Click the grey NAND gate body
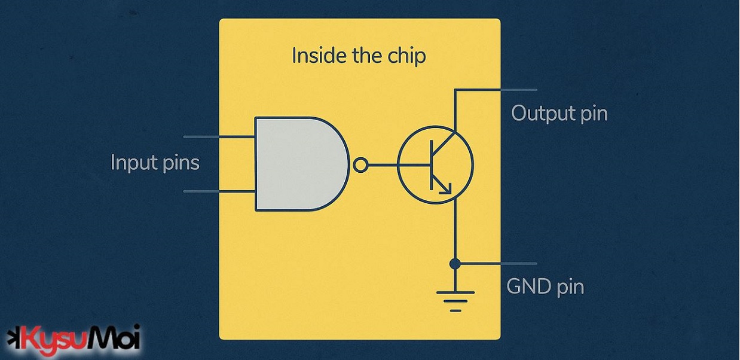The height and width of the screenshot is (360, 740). pos(296,164)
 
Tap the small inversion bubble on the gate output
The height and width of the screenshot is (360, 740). pos(360,165)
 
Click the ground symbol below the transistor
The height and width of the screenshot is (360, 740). pos(455,300)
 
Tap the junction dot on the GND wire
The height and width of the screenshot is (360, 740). pos(455,263)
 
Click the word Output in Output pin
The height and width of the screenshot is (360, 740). pos(541,113)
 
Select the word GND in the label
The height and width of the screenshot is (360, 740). pos(528,287)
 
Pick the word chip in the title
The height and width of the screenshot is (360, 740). pos(406,56)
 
